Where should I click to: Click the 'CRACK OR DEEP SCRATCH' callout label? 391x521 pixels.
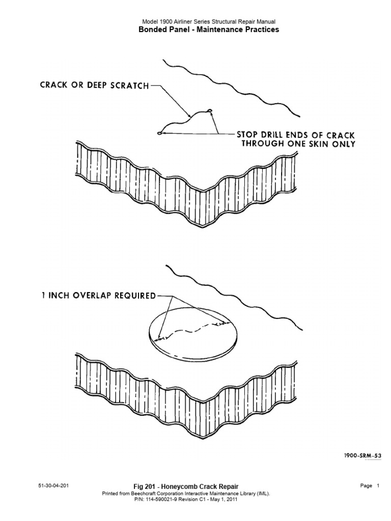point(94,85)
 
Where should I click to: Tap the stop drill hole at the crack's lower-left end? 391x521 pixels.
point(160,134)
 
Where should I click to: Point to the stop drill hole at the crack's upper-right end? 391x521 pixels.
point(209,110)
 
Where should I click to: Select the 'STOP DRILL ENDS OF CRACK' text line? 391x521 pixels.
point(296,135)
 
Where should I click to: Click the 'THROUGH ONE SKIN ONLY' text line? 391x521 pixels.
point(298,144)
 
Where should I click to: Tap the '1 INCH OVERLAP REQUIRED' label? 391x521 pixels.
point(99,296)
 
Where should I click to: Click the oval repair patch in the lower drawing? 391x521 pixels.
point(193,337)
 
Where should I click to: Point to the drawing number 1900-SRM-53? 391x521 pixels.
point(362,455)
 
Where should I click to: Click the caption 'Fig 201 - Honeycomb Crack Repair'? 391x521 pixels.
point(186,487)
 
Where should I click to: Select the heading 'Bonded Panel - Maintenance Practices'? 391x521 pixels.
point(209,30)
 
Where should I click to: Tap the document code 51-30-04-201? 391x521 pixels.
point(53,486)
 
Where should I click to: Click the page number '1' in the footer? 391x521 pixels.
point(378,486)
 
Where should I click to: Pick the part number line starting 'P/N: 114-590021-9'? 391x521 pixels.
point(186,499)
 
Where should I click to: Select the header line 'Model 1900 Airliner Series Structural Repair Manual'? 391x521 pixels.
point(209,21)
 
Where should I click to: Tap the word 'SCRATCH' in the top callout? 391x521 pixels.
point(130,85)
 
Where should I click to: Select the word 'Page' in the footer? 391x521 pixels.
point(366,486)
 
